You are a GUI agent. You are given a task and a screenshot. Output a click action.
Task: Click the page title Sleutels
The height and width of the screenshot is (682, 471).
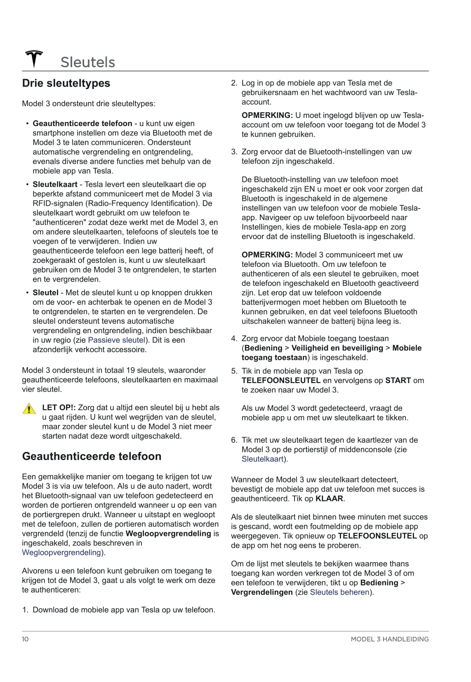pos(87,62)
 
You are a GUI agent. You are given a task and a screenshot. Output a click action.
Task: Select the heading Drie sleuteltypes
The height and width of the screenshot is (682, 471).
pos(66,83)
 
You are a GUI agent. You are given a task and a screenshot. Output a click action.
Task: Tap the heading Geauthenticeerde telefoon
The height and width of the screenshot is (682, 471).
pos(92,456)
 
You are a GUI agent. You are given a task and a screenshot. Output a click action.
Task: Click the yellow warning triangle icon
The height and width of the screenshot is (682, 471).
pos(29,409)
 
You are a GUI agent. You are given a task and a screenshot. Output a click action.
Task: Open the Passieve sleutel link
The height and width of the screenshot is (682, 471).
pos(116,340)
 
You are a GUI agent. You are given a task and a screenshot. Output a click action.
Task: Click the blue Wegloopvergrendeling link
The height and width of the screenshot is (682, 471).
pos(61,553)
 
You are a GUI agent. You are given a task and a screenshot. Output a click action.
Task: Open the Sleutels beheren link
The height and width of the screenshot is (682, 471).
pos(339,593)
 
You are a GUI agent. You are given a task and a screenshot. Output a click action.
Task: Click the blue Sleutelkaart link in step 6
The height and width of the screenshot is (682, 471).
pos(262,459)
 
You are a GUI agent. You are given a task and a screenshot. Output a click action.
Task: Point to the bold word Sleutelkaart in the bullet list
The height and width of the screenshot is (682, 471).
pos(55,184)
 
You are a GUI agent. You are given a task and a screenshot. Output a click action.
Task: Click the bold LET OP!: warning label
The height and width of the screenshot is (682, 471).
pos(59,408)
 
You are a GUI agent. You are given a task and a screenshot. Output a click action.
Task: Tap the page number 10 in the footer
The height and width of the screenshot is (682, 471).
pos(26,639)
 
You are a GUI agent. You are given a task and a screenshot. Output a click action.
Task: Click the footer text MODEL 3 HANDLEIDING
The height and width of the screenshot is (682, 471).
pos(389,639)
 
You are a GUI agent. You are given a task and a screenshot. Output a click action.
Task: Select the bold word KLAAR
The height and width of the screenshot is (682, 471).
pos(329,499)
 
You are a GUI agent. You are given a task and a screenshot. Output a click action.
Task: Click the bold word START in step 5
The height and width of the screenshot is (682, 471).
pos(398,381)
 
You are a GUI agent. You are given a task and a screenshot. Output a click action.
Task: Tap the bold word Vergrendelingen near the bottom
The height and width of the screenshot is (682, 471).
pos(262,593)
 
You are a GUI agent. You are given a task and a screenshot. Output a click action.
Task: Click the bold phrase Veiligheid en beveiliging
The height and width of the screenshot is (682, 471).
pos(337,348)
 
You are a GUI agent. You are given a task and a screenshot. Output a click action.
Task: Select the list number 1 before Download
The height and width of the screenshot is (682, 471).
pos(25,610)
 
